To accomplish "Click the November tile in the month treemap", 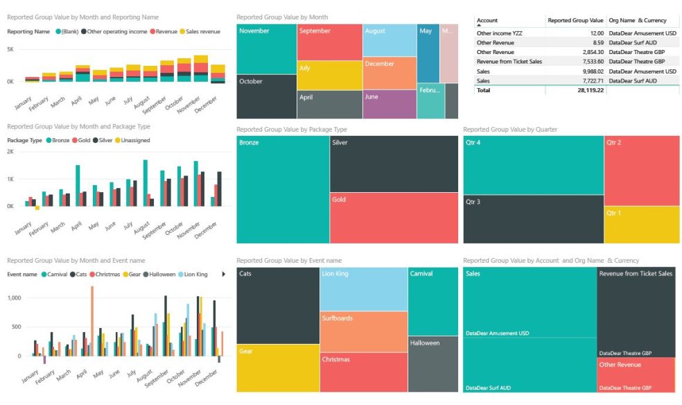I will coord(266,49).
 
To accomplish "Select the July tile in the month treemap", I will coord(329,76).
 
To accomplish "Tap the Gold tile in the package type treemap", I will coord(393,217).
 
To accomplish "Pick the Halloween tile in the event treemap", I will coord(432,363).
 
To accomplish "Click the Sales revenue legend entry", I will coord(205,31).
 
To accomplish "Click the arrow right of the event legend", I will coord(223,274).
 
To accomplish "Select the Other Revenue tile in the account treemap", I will coord(636,374).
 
